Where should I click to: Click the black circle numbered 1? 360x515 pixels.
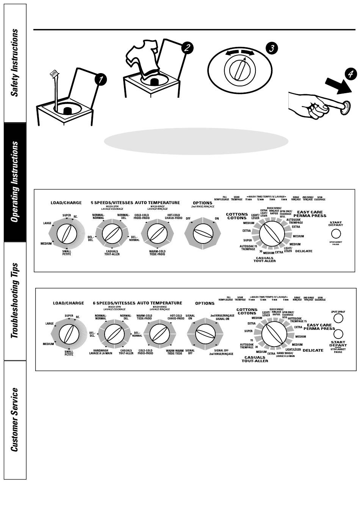coord(100,80)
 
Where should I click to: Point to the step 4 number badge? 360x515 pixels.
coord(350,74)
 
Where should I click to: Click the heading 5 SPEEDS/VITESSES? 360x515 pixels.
coord(112,203)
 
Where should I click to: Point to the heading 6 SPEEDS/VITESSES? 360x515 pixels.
coord(114,303)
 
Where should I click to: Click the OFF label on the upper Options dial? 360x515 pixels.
coord(188,219)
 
